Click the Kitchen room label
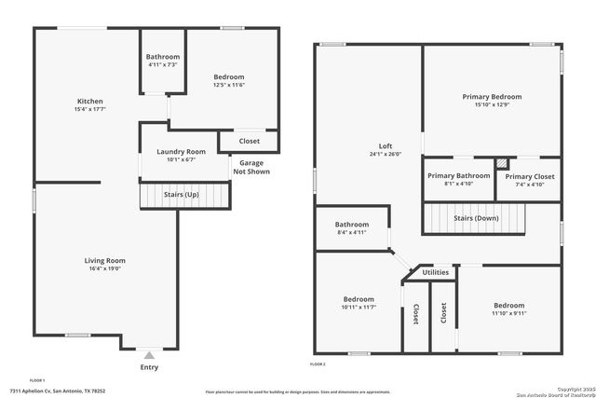89,101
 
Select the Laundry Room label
183,151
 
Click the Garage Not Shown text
246,167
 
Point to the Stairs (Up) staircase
183,196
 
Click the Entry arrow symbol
149,355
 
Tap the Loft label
385,145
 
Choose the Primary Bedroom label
492,96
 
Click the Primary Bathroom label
458,175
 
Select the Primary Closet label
530,176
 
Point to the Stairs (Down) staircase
475,218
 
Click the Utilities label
435,272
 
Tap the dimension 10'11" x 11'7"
358,307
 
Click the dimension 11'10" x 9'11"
508,314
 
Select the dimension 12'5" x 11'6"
228,85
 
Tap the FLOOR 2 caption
318,364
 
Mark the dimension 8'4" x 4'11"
352,233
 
